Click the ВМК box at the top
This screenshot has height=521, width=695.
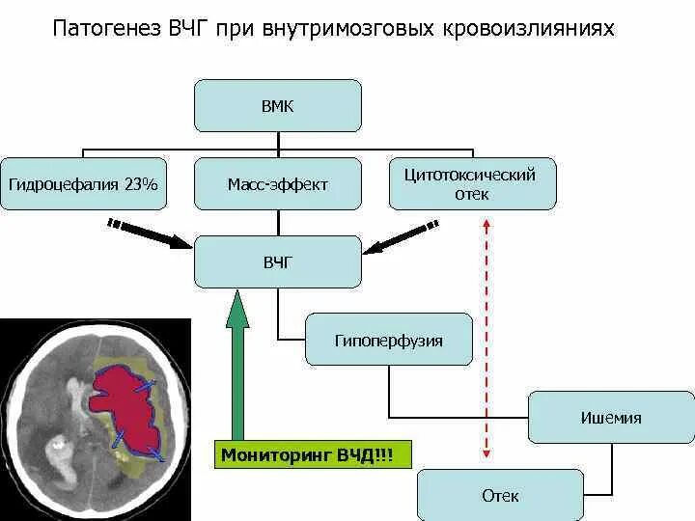point(277,105)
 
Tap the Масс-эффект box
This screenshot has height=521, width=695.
point(277,183)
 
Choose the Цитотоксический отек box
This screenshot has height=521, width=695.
point(472,183)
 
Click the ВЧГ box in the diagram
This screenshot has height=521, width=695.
point(277,261)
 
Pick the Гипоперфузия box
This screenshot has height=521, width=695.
point(388,340)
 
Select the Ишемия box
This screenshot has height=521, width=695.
point(611,417)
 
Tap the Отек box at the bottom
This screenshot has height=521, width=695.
point(500,495)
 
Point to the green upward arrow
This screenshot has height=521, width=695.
point(237,367)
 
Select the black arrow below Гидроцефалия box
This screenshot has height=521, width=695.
point(150,234)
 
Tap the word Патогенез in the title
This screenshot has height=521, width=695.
point(106,29)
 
